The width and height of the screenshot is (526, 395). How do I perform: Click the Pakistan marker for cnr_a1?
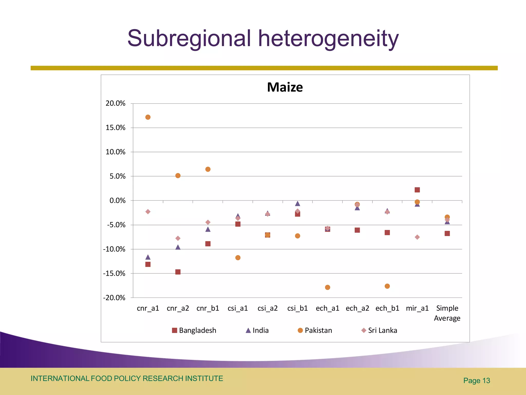point(148,117)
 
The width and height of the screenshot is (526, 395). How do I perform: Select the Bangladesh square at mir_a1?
point(417,190)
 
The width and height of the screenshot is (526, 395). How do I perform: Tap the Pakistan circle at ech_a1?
point(327,287)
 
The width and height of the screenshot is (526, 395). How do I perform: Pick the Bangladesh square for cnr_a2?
point(178,272)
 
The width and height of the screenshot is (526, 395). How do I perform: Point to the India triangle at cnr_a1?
point(148,257)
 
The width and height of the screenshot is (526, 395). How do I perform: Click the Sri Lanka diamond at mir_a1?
point(417,237)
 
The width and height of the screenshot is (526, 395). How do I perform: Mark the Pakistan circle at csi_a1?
point(238,258)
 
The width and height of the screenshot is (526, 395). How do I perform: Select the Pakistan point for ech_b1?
point(387,286)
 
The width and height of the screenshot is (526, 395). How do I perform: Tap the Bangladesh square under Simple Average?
point(447,234)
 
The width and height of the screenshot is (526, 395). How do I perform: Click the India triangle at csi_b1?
point(297,204)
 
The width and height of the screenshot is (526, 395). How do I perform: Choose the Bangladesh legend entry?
point(194,330)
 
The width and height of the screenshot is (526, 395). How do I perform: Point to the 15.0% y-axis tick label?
point(115,128)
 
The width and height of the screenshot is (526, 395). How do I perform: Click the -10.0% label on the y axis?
point(114,249)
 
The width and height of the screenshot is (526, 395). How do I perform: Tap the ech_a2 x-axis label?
point(357,308)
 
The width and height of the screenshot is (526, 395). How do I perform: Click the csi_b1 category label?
point(297,308)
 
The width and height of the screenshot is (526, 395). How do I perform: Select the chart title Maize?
point(285,87)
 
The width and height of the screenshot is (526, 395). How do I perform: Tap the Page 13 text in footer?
point(476,381)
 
